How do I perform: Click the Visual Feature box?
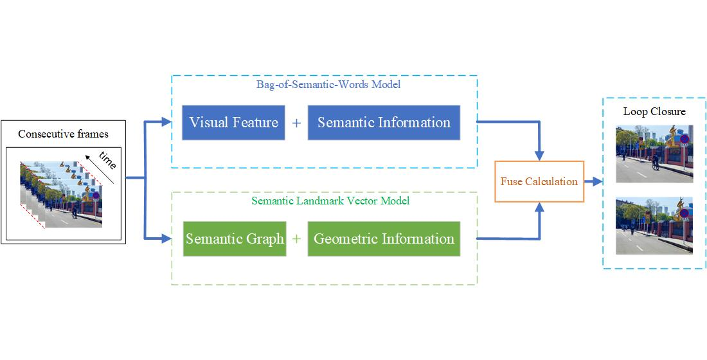234,123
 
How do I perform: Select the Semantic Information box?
384,123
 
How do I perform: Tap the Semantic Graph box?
235,239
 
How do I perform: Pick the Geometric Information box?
384,239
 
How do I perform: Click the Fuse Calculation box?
539,181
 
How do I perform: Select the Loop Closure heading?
654,111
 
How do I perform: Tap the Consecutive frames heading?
63,134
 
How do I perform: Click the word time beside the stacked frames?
107,161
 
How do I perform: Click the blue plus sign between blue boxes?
296,123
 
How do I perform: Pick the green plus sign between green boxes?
296,239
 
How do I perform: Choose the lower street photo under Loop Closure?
654,226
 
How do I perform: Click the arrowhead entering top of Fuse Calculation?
539,155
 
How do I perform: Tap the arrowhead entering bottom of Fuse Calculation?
539,208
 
